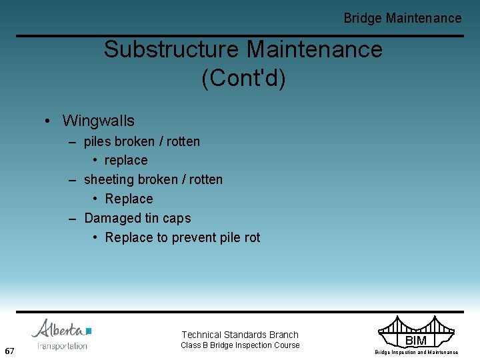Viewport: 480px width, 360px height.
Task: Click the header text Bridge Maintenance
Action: click(402, 18)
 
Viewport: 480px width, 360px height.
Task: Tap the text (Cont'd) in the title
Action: click(243, 78)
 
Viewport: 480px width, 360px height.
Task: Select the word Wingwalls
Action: click(98, 121)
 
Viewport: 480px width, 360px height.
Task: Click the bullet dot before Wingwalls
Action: click(49, 121)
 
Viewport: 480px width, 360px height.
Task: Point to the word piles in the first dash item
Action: click(97, 141)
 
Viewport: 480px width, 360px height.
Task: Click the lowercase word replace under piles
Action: click(126, 161)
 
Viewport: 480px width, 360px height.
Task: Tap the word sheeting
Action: click(109, 180)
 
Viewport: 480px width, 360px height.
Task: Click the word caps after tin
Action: click(177, 219)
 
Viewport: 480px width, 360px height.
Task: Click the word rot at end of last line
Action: click(251, 238)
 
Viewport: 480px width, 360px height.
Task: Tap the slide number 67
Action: click(9, 351)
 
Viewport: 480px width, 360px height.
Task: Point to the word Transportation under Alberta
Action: click(63, 346)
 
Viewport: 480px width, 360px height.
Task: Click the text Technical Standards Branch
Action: click(240, 335)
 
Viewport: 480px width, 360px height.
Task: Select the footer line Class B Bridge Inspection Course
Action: click(240, 345)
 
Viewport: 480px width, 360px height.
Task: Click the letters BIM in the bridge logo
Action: click(416, 341)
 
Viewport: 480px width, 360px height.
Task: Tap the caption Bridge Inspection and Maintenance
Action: click(416, 352)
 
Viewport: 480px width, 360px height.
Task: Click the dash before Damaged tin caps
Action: click(75, 219)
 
